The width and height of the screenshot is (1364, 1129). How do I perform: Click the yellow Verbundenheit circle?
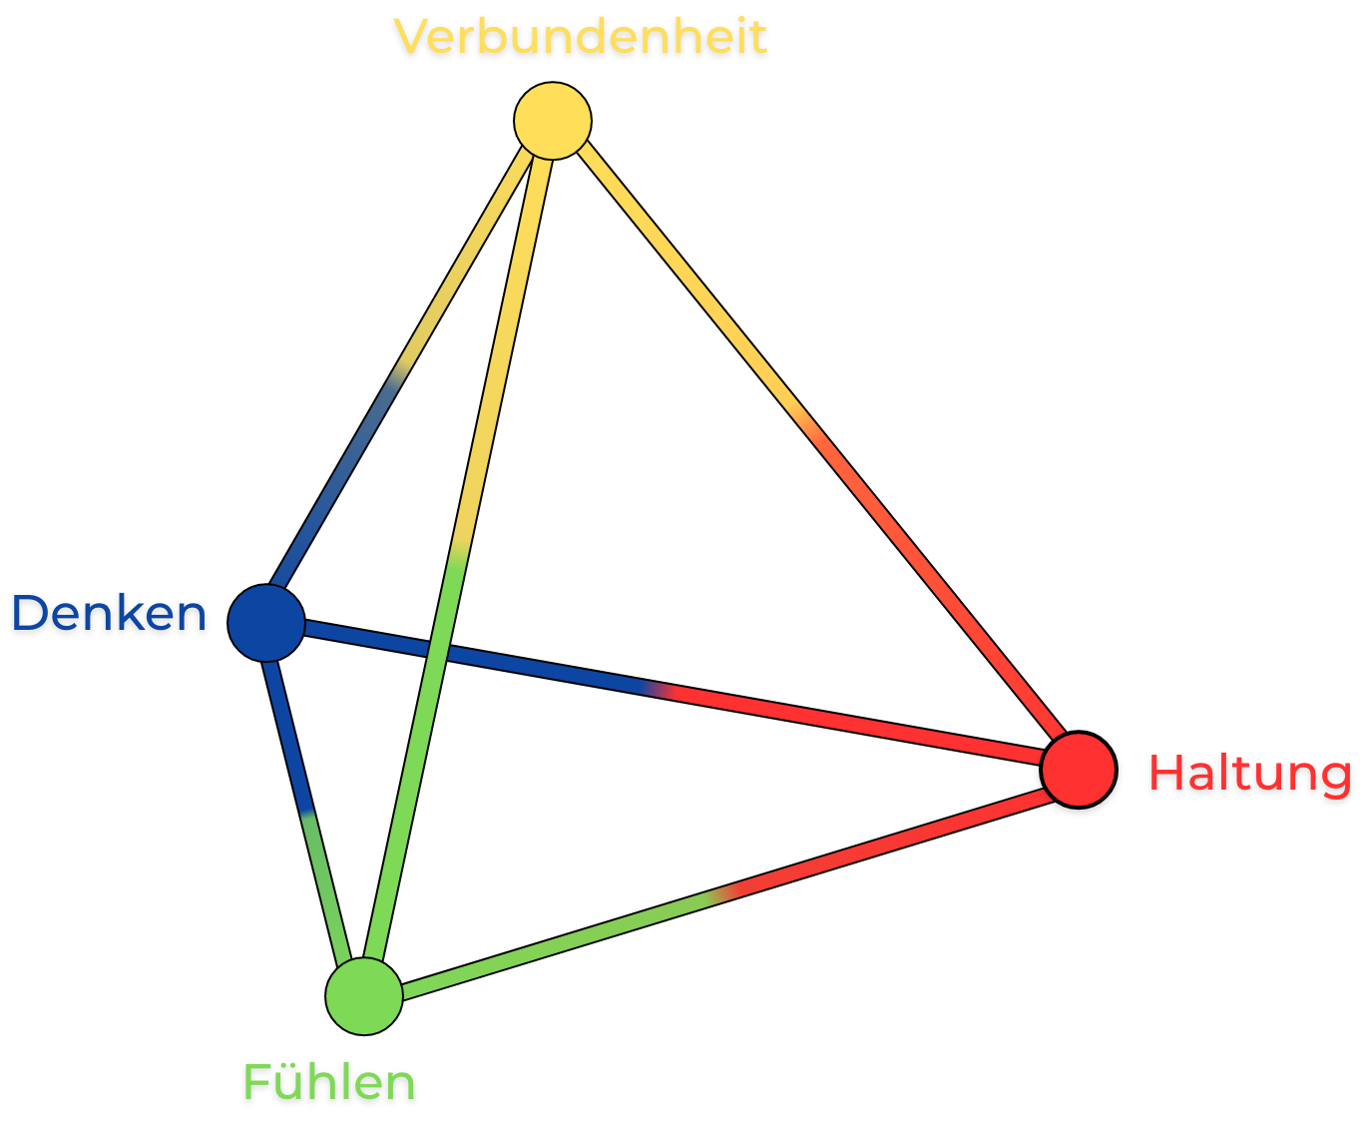[x=553, y=121]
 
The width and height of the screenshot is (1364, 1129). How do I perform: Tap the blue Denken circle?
[x=266, y=623]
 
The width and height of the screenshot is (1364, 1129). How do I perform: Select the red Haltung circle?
[x=1079, y=770]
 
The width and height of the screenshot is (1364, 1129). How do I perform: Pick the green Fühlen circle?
[x=364, y=995]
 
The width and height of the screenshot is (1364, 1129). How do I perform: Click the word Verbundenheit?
[x=581, y=37]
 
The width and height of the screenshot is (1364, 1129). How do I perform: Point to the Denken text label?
[x=109, y=613]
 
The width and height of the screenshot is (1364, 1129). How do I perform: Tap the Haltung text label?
[x=1250, y=774]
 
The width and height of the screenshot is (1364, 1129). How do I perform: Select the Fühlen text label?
[x=329, y=1082]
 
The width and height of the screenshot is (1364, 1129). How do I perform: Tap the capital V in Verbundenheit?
[x=413, y=37]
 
